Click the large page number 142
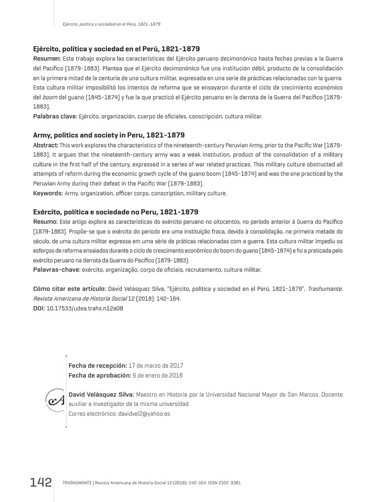click(x=40, y=482)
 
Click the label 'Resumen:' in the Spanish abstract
click(x=47, y=59)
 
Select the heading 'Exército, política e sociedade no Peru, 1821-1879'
click(x=116, y=212)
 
